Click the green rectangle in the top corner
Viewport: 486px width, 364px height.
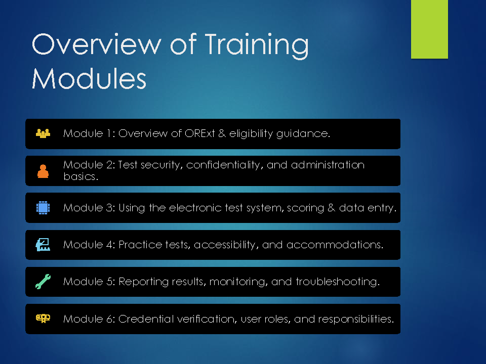tap(429, 29)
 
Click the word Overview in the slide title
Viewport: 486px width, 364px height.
tap(96, 44)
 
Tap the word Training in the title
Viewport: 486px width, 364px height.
tap(257, 46)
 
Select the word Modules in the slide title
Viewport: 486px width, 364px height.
tap(89, 78)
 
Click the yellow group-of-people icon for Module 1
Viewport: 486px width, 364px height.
tap(43, 133)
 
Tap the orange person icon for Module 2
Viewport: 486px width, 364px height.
tap(43, 171)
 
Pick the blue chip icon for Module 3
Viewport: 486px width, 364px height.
tap(43, 208)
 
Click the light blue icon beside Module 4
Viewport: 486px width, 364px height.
tap(43, 245)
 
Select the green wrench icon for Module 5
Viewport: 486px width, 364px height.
tap(43, 282)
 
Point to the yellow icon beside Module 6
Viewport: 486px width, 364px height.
tap(43, 318)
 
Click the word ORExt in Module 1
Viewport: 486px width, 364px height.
tap(199, 133)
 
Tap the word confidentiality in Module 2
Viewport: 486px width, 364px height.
tap(225, 165)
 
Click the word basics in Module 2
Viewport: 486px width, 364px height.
tap(80, 176)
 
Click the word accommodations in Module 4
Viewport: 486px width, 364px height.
tap(335, 245)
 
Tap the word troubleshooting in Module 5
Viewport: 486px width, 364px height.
tap(338, 282)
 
